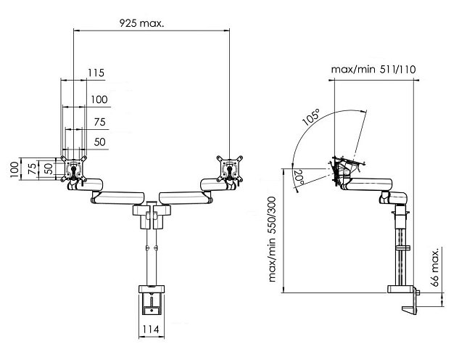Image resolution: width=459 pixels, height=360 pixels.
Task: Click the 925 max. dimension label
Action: tap(141, 23)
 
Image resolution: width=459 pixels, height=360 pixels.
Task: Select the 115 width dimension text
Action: tap(96, 73)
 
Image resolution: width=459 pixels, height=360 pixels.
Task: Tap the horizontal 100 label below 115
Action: tap(99, 99)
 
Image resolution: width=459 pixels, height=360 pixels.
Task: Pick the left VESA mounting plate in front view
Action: tap(74, 170)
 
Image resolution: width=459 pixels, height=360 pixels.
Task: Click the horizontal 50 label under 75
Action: tap(99, 141)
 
